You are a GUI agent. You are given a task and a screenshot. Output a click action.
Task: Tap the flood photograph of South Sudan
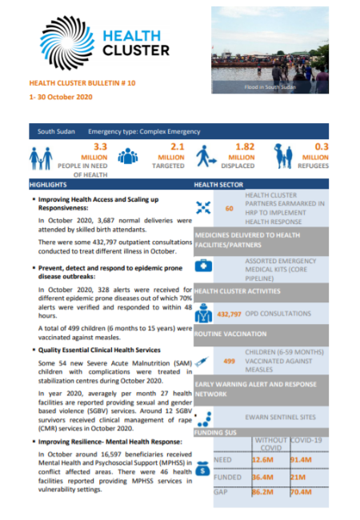tap(270, 50)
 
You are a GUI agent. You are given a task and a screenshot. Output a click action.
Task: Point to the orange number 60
tap(229, 209)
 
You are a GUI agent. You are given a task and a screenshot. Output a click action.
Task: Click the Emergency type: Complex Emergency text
tap(144, 130)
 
